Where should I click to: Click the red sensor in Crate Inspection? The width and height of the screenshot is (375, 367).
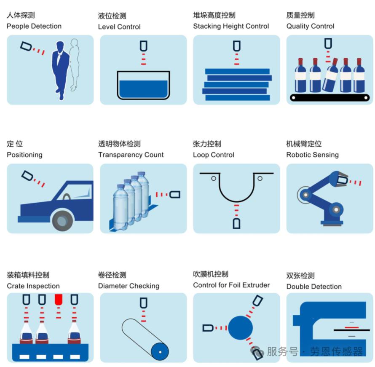59,299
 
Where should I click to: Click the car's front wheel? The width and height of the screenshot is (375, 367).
62,220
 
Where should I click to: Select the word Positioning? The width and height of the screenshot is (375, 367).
24,155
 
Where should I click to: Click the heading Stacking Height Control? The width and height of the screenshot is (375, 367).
231,26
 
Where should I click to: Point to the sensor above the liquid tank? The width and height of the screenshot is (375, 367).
144,46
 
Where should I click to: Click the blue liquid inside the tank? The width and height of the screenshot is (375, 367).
144,89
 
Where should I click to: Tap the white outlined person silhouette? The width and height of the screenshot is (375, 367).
75,64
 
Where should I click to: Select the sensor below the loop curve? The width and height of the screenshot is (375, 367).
236,224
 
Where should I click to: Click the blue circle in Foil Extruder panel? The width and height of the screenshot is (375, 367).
240,328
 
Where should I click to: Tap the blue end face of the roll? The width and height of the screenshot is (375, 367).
160,352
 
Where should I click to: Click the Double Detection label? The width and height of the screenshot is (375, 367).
314,287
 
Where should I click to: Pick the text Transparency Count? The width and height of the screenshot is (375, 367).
131,155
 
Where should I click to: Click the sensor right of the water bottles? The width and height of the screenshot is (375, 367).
175,194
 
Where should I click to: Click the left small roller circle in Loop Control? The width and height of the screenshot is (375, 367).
214,178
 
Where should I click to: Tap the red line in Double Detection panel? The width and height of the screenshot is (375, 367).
351,327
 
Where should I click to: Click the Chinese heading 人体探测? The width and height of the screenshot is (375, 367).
21,15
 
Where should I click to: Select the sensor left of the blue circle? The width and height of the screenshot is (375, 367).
208,328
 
